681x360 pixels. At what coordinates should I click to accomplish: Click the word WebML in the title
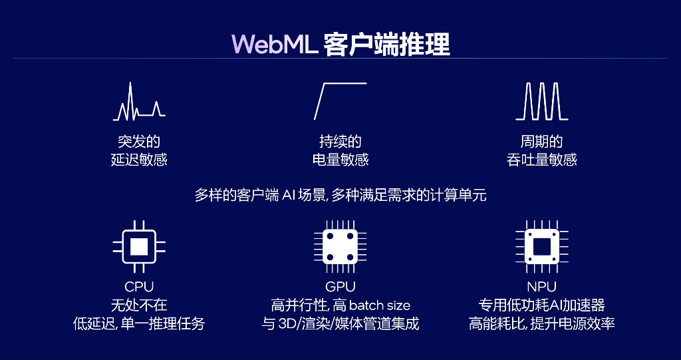click(x=274, y=43)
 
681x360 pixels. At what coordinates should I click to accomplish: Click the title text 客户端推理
click(x=386, y=43)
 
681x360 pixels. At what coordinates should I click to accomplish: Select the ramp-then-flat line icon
click(x=340, y=100)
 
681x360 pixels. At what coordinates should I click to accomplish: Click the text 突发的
click(x=139, y=142)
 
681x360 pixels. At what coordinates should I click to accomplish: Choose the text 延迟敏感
click(x=139, y=160)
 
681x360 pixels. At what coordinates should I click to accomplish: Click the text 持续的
click(x=340, y=142)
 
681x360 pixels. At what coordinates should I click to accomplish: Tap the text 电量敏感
click(x=340, y=160)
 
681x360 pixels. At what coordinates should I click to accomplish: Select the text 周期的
click(x=541, y=142)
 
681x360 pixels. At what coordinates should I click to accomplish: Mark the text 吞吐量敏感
click(x=541, y=160)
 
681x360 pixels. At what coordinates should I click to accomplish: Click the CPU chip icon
click(x=139, y=246)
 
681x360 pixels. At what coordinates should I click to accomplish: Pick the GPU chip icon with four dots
click(x=340, y=246)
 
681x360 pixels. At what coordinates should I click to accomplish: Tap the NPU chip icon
click(x=541, y=246)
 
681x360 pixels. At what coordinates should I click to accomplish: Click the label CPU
click(x=139, y=287)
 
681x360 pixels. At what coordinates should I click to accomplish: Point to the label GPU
click(x=340, y=287)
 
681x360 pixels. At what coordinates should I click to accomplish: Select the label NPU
click(x=541, y=287)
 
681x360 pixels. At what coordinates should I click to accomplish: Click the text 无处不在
click(x=139, y=305)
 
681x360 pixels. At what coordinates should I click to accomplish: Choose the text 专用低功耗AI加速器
click(x=541, y=305)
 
